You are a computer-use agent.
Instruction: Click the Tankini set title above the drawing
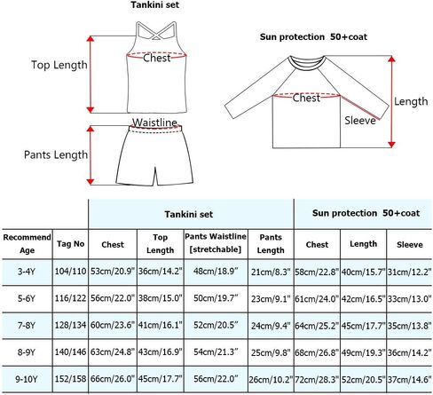pyautogui.click(x=155, y=5)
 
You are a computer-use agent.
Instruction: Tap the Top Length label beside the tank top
pyautogui.click(x=59, y=65)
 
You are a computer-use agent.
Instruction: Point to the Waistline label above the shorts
pyautogui.click(x=154, y=122)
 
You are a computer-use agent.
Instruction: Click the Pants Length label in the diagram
pyautogui.click(x=56, y=154)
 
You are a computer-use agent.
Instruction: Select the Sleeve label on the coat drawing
pyautogui.click(x=360, y=121)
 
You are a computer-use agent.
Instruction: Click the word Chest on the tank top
pyautogui.click(x=157, y=58)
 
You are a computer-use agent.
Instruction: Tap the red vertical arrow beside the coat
pyautogui.click(x=391, y=101)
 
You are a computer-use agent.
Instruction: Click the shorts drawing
pyautogui.click(x=154, y=155)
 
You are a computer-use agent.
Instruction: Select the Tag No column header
pyautogui.click(x=71, y=244)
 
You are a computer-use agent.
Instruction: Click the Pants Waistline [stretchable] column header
pyautogui.click(x=216, y=243)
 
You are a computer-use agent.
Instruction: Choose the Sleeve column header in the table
pyautogui.click(x=410, y=245)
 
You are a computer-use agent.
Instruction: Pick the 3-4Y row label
pyautogui.click(x=27, y=272)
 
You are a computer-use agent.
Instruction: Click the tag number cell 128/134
pyautogui.click(x=70, y=325)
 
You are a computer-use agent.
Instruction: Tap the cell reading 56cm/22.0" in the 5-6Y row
pyautogui.click(x=113, y=298)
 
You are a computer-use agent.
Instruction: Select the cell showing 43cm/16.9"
pyautogui.click(x=161, y=352)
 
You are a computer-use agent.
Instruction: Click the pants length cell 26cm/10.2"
pyautogui.click(x=271, y=379)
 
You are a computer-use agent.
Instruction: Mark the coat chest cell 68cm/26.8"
pyautogui.click(x=317, y=352)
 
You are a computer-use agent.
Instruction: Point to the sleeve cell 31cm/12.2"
pyautogui.click(x=410, y=272)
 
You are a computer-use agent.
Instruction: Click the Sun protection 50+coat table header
pyautogui.click(x=366, y=213)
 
